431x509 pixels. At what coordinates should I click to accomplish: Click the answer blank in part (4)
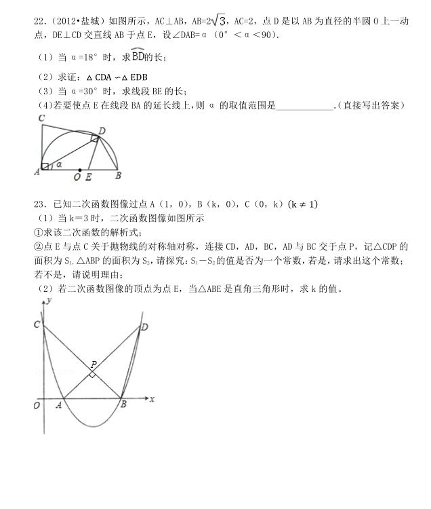pyautogui.click(x=306, y=106)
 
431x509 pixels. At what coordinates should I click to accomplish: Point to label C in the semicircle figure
pyautogui.click(x=41, y=119)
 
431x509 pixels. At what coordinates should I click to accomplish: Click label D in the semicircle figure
pyautogui.click(x=102, y=130)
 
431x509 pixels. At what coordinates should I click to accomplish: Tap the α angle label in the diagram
pyautogui.click(x=59, y=164)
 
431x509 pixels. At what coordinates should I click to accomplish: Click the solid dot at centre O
pyautogui.click(x=80, y=170)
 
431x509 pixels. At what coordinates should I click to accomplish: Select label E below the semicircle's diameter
pyautogui.click(x=89, y=178)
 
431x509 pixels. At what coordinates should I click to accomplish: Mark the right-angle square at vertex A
pyautogui.click(x=45, y=166)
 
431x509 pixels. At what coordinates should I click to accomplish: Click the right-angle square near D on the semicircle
pyautogui.click(x=96, y=138)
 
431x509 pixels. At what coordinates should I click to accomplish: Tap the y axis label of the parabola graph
pyautogui.click(x=48, y=299)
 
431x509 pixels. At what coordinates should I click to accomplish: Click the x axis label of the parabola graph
pyautogui.click(x=152, y=399)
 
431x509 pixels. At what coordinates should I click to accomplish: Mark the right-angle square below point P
pyautogui.click(x=93, y=374)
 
